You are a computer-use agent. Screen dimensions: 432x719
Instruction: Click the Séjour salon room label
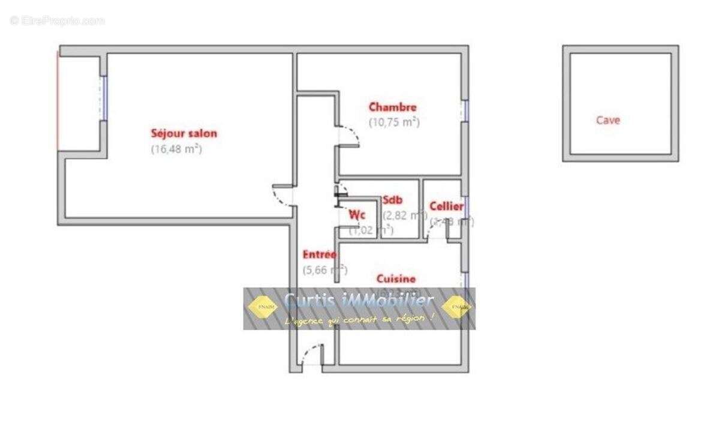(x=183, y=133)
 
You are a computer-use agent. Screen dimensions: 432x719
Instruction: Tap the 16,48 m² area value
(x=176, y=149)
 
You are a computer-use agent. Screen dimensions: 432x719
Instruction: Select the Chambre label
(x=392, y=107)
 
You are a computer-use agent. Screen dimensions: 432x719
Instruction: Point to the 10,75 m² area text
(x=393, y=122)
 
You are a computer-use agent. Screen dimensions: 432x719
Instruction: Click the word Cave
(x=607, y=120)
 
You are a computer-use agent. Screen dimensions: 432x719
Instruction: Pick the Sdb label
(x=393, y=200)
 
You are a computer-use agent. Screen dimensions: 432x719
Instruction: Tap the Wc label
(x=357, y=214)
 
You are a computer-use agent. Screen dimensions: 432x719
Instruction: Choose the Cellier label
(x=446, y=206)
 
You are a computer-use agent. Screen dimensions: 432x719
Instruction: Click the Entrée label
(x=319, y=254)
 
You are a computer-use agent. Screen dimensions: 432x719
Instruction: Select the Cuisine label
(x=395, y=279)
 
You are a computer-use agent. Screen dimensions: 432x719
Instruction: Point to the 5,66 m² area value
(x=324, y=269)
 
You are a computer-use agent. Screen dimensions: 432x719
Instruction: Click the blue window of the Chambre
(x=465, y=110)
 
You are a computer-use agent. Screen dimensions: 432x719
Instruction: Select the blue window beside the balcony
(x=104, y=97)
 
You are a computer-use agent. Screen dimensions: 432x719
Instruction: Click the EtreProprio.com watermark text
(x=57, y=20)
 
